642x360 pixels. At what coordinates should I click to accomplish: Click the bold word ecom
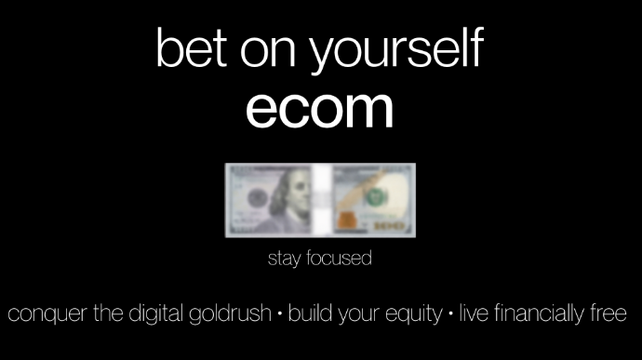tap(319, 110)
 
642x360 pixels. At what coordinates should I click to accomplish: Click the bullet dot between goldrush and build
tap(279, 313)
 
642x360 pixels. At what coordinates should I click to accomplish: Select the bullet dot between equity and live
tap(451, 313)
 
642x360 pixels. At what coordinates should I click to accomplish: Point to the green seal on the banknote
tap(375, 197)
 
